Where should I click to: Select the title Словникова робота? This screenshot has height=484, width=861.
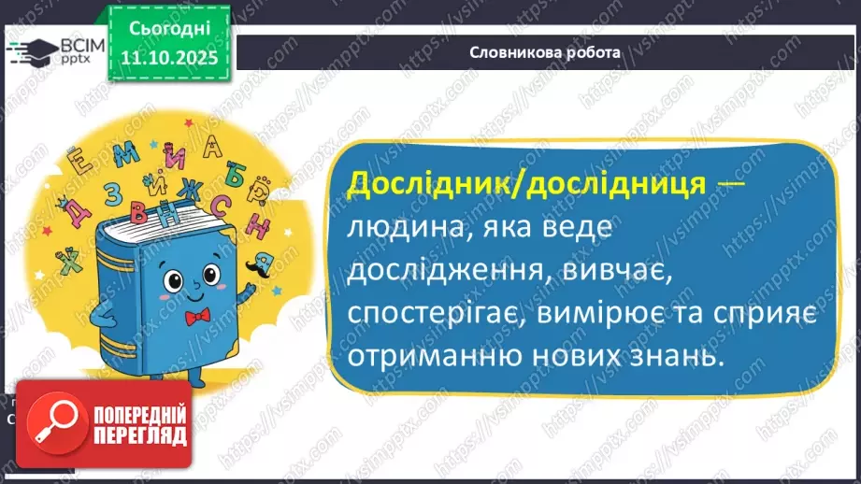point(545,52)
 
